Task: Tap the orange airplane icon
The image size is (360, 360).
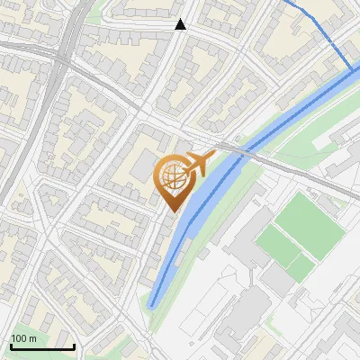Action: point(197,164)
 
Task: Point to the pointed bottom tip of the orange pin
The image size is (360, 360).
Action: point(172,211)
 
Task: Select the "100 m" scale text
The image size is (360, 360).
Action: point(23,338)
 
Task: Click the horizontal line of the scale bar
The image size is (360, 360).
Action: point(41,346)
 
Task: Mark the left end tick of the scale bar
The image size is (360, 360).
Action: point(10,346)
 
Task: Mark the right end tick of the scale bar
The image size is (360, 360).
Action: point(74,346)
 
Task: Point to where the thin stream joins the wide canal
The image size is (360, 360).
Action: point(352,69)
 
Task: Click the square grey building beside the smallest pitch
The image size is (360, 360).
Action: point(279,282)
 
